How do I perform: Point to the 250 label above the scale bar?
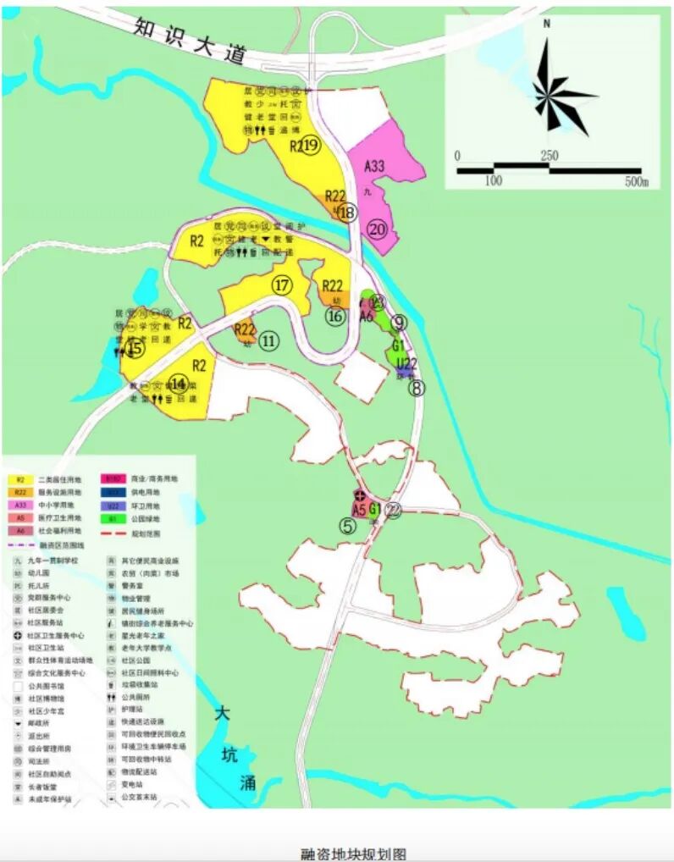point(549,156)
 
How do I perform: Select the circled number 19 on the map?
point(310,146)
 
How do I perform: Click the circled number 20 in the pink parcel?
point(377,229)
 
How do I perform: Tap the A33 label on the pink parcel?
point(374,167)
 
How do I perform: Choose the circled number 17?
point(282,285)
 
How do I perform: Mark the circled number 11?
point(268,341)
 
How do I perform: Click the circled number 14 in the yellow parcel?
point(178,383)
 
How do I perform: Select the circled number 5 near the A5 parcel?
point(347,525)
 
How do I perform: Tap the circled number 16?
point(335,316)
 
